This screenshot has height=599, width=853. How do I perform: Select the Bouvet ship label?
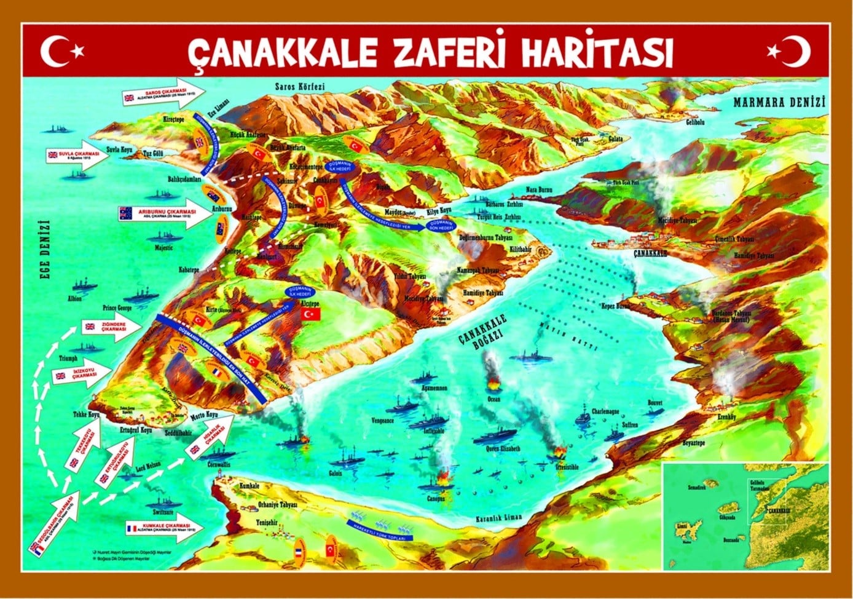(x=655, y=403)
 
